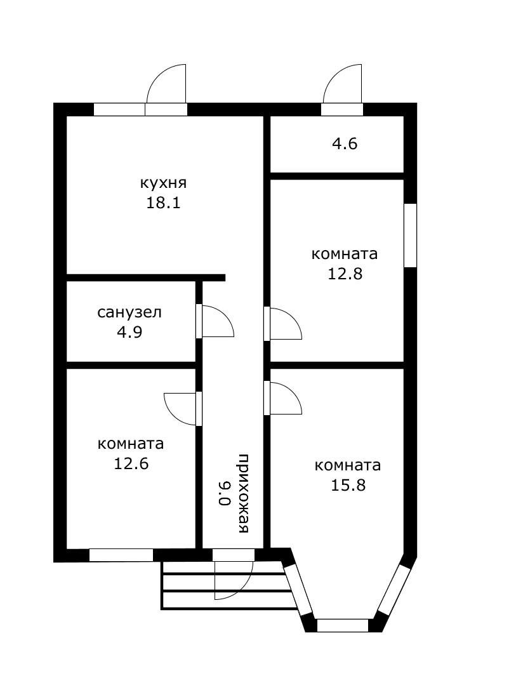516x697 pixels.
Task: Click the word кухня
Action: pos(164,183)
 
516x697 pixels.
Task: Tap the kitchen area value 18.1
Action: pos(163,203)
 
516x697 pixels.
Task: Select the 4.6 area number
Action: pos(345,143)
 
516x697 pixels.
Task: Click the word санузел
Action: pos(129,312)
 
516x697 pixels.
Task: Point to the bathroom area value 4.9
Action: pos(129,332)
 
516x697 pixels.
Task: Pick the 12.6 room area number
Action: pos(131,463)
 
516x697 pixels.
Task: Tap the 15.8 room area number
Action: pos(348,484)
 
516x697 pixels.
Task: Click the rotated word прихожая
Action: pos(243,493)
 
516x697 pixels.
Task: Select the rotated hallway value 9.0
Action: pos(225,493)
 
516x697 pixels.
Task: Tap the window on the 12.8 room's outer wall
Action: pos(410,235)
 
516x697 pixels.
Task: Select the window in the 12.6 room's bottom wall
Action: pos(121,555)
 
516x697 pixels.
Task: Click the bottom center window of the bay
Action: pos(343,625)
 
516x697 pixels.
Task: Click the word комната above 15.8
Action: pos(348,465)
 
